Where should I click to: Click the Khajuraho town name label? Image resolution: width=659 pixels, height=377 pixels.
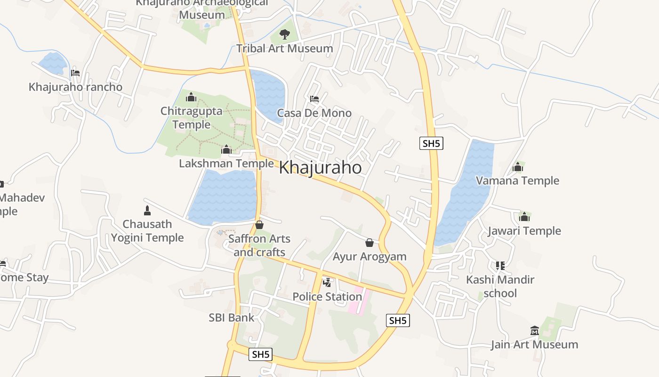(321, 168)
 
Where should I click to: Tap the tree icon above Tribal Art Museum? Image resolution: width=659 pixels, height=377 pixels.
(284, 34)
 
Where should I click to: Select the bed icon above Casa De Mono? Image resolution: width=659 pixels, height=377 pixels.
(314, 99)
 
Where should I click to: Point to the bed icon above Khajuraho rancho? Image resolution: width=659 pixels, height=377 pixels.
(75, 73)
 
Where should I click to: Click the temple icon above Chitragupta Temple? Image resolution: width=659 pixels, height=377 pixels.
(191, 98)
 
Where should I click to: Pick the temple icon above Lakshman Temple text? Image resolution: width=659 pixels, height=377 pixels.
(226, 150)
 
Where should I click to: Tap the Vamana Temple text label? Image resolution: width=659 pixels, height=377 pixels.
(517, 180)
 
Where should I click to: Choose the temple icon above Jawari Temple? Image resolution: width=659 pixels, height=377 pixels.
(524, 217)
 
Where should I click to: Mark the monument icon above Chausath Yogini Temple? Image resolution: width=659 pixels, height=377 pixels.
(147, 211)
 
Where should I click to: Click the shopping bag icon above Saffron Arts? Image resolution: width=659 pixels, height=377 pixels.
(259, 225)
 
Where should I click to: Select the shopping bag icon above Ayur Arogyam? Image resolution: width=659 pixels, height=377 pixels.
(370, 243)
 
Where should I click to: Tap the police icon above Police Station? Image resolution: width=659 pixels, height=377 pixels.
(327, 283)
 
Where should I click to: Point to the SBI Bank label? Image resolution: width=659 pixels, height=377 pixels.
(231, 318)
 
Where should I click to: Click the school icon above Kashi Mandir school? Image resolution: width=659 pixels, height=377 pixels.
(500, 266)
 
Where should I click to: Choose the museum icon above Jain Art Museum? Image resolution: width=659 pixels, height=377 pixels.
(534, 331)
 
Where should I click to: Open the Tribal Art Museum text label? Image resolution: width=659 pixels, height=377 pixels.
(284, 48)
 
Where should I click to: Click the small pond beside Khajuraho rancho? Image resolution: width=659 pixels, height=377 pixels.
(53, 63)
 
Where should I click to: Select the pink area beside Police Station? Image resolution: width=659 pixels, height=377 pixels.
(357, 302)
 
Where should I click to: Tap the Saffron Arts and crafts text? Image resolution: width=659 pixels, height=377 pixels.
(259, 246)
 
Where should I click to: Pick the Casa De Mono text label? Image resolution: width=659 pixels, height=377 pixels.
(314, 113)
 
